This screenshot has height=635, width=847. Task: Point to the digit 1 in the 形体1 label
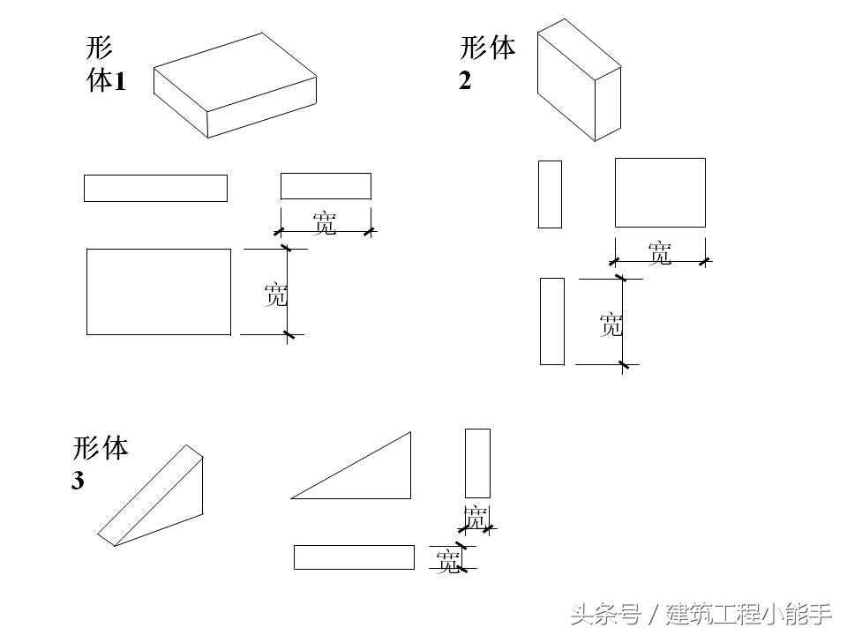coord(120,82)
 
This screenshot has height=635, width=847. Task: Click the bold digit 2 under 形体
coord(465,80)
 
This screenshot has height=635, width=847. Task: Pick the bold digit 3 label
coord(78,482)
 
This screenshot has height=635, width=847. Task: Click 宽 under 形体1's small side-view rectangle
coord(325,224)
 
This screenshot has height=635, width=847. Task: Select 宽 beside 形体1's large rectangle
coord(276,294)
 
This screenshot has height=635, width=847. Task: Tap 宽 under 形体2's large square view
coord(660,253)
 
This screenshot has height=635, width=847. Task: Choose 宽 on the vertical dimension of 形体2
coord(611,325)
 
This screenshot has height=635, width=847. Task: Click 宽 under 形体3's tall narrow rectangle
coord(476,518)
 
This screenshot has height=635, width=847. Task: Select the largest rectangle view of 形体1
coord(159,292)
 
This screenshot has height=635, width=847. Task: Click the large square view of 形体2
coord(660,192)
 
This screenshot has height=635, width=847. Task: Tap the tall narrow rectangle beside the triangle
coord(477,463)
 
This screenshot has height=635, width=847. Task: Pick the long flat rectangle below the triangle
coord(354,557)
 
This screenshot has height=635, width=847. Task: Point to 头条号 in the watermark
coord(605,613)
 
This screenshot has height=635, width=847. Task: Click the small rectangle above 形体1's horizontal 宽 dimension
coord(326,186)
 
